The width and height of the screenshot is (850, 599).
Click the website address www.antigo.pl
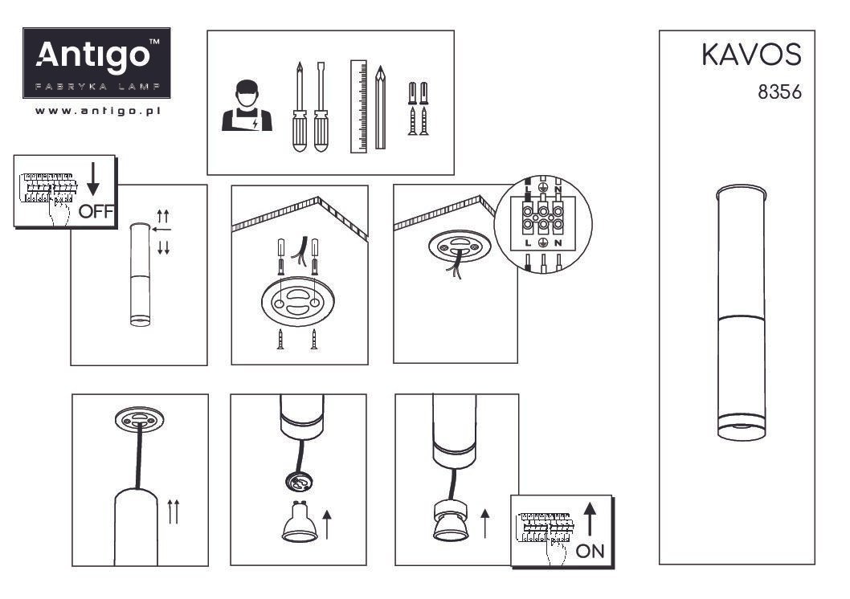point(97,111)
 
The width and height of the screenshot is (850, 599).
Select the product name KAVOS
point(751,55)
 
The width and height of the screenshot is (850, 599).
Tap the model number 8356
point(779,92)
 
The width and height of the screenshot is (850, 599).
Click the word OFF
point(96,211)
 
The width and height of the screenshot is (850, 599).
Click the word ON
point(590,552)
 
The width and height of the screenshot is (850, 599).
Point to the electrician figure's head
point(247,94)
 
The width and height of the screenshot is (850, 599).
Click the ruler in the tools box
point(358,106)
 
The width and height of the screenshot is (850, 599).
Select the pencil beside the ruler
point(380,108)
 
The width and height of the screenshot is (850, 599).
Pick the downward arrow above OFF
point(92,179)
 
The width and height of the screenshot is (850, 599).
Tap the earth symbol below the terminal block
point(542,243)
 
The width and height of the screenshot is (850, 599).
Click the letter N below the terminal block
point(558,243)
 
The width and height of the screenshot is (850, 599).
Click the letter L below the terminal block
point(528,243)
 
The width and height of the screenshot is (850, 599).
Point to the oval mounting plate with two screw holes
point(297,301)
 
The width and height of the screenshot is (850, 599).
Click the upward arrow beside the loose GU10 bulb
point(327,525)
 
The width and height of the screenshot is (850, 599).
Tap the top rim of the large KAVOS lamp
point(741,192)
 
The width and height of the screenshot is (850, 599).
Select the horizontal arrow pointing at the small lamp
point(161,230)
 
